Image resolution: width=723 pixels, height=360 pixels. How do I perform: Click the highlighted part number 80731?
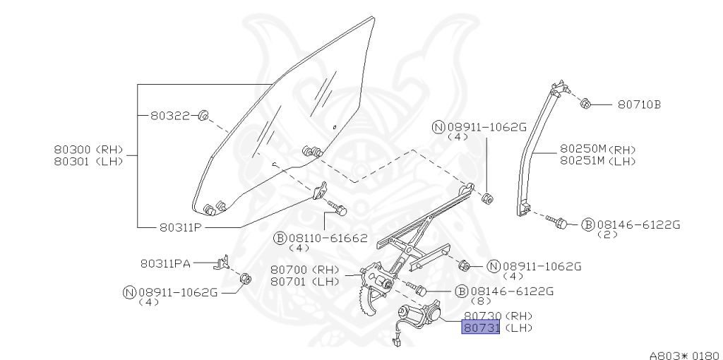(481, 328)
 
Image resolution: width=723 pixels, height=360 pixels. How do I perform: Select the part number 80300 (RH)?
(88, 149)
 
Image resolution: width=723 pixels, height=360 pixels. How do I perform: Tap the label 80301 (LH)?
(88, 160)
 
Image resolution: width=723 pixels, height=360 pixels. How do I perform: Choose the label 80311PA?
(165, 263)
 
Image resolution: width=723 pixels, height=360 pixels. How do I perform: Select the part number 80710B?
(639, 104)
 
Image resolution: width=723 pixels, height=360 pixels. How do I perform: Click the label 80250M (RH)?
(598, 150)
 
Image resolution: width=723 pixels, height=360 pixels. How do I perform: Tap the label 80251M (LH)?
(598, 160)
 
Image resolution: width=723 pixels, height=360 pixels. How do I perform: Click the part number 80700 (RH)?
(305, 270)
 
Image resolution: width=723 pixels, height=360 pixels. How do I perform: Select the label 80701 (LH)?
(305, 280)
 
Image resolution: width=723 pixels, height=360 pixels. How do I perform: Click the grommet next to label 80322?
(202, 115)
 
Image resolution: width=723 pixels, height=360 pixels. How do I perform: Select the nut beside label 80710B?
(585, 104)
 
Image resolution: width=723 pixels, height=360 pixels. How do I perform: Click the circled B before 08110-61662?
(280, 239)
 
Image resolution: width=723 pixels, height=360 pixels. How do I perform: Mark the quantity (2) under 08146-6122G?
(607, 234)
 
